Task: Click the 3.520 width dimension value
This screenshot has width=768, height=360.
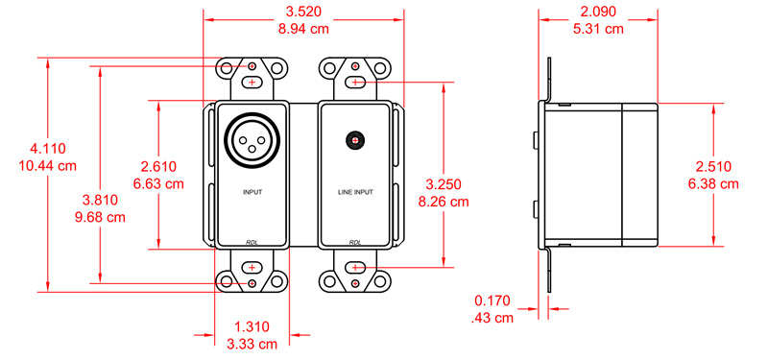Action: tap(303, 12)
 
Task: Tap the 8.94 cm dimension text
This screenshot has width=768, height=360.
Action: tap(303, 29)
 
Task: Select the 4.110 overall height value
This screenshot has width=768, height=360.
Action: tap(47, 149)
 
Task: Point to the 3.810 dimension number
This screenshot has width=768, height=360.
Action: tap(100, 200)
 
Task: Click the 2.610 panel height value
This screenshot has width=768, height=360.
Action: tap(158, 166)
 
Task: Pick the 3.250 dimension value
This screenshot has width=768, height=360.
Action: tap(444, 184)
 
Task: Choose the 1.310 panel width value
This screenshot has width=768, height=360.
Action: tap(252, 326)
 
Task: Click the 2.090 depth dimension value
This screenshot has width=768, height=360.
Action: tap(598, 12)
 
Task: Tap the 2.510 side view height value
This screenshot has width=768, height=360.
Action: tap(713, 166)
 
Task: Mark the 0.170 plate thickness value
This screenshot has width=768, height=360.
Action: tap(492, 300)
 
